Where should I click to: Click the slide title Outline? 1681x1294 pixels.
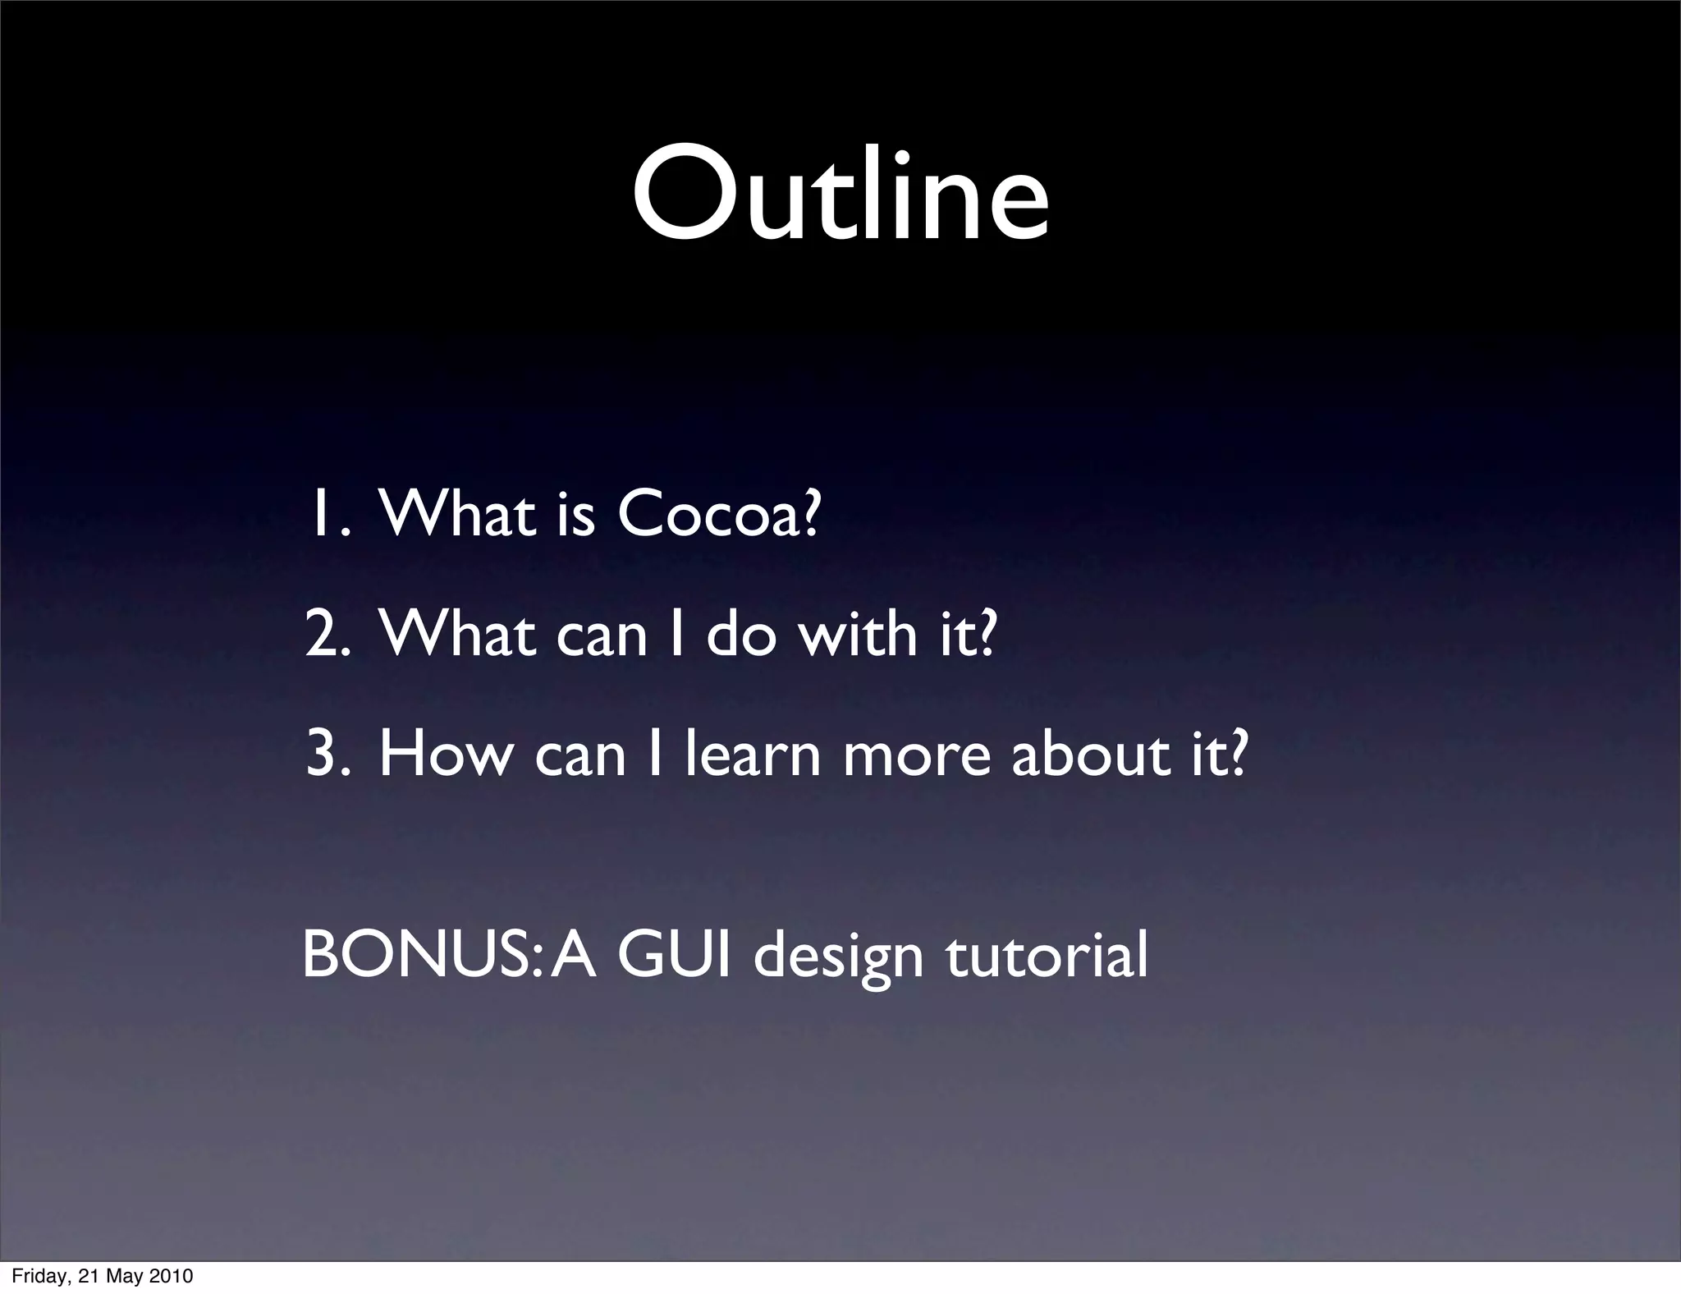(x=840, y=197)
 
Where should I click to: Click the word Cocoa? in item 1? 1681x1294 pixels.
(x=718, y=515)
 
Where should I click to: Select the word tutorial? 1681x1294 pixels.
(x=1047, y=957)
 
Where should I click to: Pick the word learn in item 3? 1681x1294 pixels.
(x=753, y=755)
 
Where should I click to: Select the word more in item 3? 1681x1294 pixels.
(x=917, y=755)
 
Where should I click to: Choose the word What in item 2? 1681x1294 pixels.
(x=456, y=635)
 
